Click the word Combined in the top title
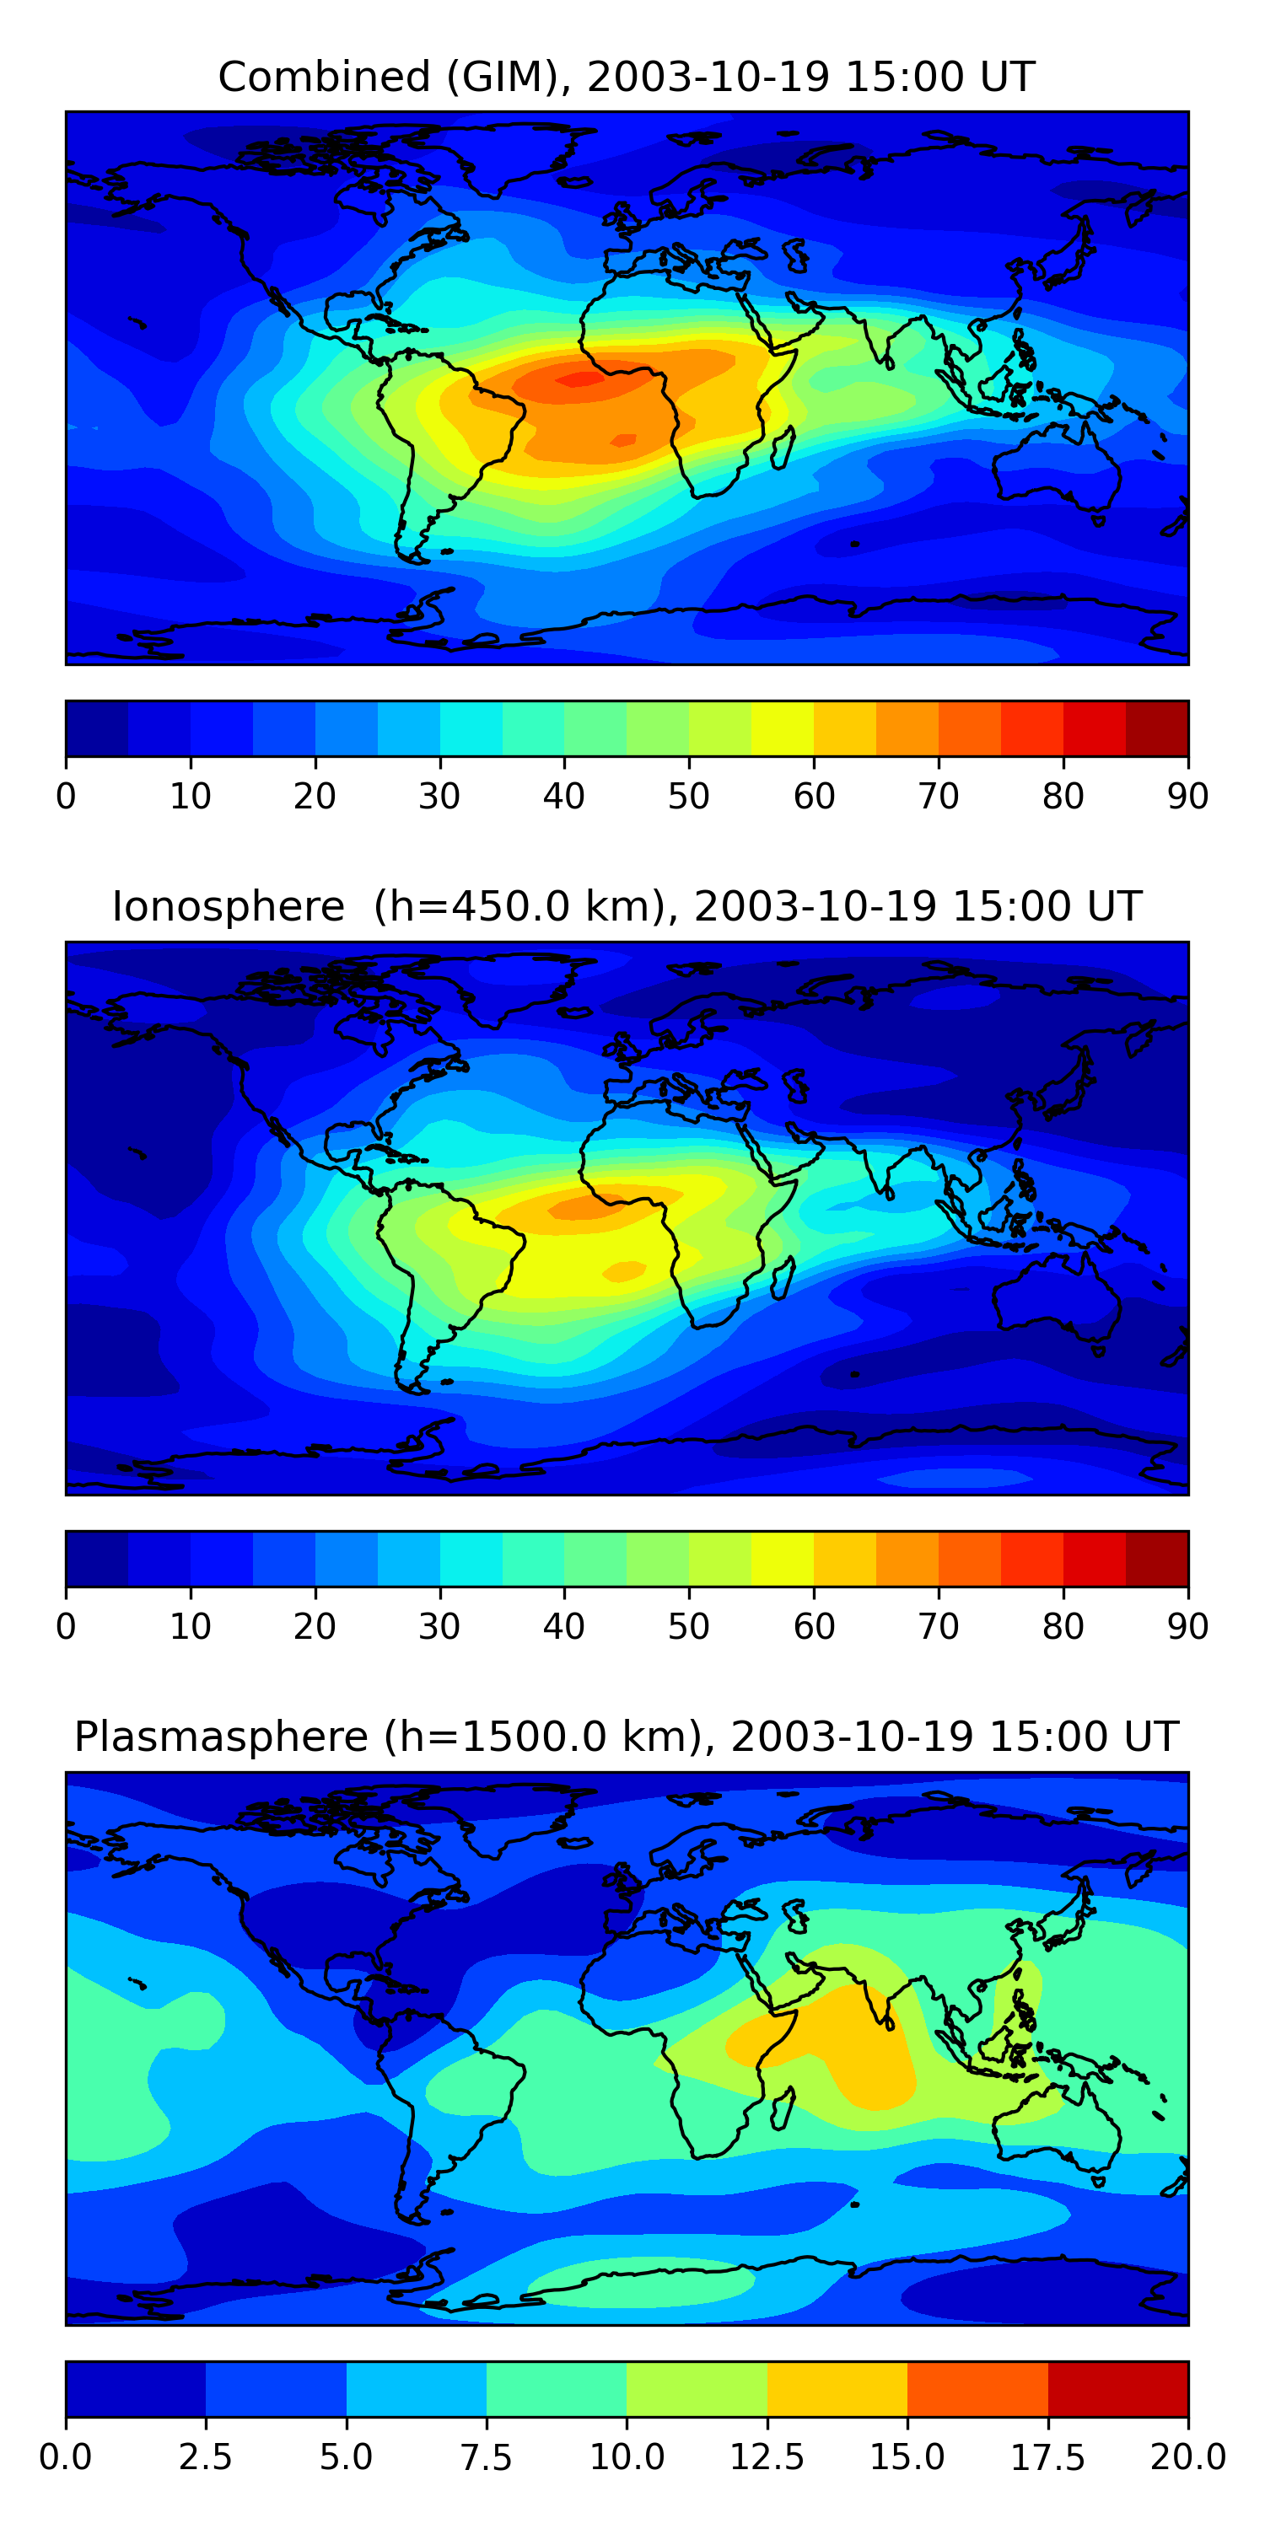(x=324, y=77)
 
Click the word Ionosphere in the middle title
(x=229, y=906)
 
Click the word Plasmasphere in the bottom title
(x=221, y=1737)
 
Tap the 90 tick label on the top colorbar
(x=1188, y=796)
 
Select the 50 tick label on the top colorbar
(x=688, y=796)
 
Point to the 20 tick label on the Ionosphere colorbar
(x=315, y=1627)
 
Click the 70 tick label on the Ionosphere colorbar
(x=938, y=1627)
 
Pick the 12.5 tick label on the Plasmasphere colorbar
(x=767, y=2457)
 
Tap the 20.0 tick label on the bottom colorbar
(x=1188, y=2457)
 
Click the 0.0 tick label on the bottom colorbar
(x=66, y=2457)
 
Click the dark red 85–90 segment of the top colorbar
(x=1157, y=728)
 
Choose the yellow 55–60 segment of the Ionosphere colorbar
(x=783, y=1559)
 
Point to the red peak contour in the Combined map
(x=579, y=377)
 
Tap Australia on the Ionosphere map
(x=1057, y=1296)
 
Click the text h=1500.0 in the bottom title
(x=544, y=1737)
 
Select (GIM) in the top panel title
(x=503, y=77)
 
